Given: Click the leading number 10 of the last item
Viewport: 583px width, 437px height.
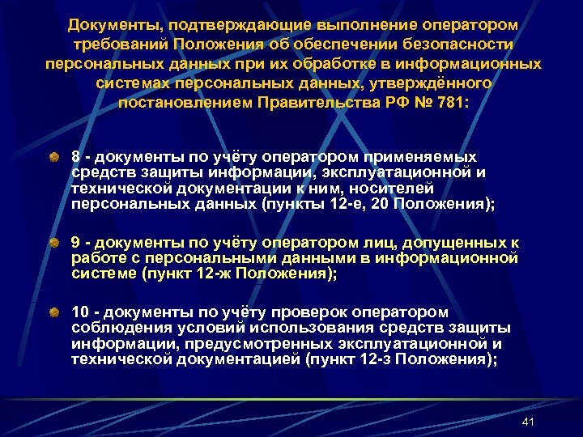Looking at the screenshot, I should pos(81,312).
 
